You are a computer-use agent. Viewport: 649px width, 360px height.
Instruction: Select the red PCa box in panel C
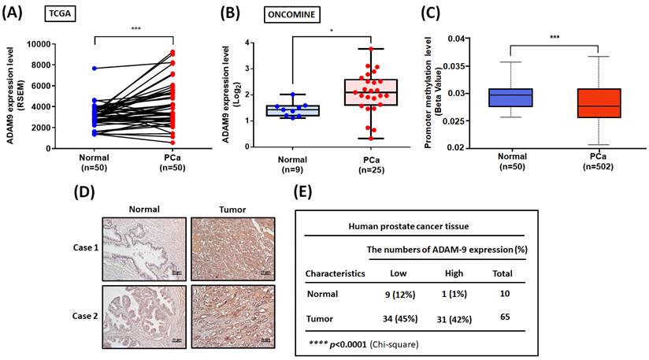coord(592,103)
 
